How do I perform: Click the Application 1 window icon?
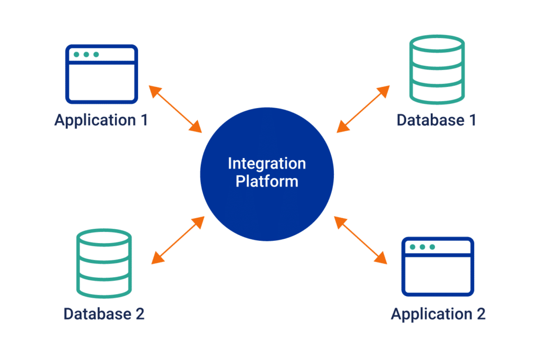coord(101,74)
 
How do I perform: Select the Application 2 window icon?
coord(438,266)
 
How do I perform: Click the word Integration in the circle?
coord(266,163)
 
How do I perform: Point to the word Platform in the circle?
coord(266,182)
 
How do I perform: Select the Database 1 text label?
coord(436,120)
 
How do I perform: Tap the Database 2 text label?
coord(104,314)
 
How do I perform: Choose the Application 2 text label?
coord(438,314)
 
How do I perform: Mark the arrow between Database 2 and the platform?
coord(177,240)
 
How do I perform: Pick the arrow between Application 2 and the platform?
coord(360,240)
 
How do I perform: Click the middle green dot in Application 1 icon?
coord(85,54)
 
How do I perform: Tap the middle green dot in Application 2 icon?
coord(422,247)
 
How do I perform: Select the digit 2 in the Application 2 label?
coord(480,314)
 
